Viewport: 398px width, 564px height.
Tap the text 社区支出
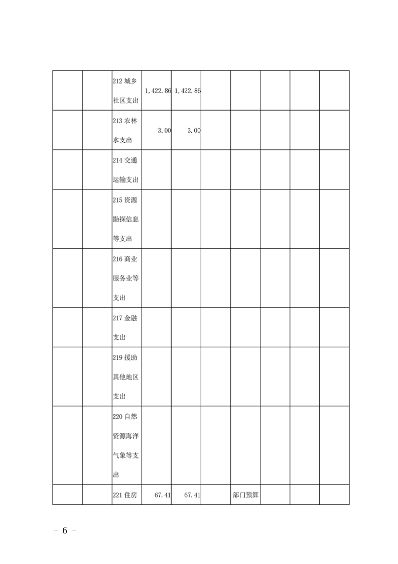(125, 101)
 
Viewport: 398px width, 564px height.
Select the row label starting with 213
(125, 121)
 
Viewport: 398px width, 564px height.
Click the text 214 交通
(125, 160)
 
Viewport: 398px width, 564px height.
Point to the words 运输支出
(125, 179)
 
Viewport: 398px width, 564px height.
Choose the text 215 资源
(125, 200)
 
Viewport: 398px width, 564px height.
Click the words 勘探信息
(125, 219)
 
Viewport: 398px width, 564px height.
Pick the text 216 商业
(125, 258)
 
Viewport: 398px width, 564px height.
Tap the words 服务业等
(125, 278)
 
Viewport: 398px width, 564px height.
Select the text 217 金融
(125, 318)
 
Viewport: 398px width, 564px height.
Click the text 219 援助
(125, 357)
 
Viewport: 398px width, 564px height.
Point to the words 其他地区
(125, 377)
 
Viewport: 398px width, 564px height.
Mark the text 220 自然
(125, 416)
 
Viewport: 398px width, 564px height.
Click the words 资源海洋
(125, 436)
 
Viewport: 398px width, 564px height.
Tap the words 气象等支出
(126, 455)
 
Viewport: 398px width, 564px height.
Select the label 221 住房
(125, 495)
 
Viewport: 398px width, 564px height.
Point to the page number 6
(65, 531)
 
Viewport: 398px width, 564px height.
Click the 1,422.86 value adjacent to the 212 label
(158, 91)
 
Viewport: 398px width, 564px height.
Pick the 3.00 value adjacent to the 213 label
(164, 130)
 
